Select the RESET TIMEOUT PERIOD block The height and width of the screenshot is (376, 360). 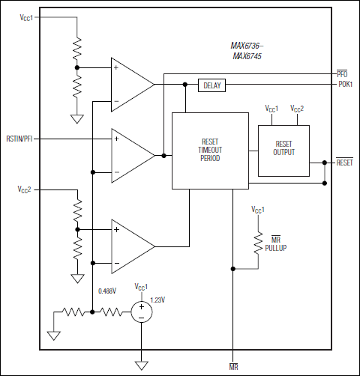(210, 150)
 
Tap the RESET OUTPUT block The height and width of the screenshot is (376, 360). (284, 148)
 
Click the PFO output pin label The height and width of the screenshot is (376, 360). (341, 73)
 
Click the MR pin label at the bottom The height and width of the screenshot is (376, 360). (233, 368)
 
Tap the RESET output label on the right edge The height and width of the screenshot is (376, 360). (344, 162)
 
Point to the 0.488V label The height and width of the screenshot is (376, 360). (108, 291)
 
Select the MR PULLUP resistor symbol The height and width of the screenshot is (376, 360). (257, 243)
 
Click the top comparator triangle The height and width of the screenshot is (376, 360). (129, 84)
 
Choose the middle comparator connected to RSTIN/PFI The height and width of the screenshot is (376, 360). (129, 155)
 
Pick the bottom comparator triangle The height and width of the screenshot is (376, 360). (129, 246)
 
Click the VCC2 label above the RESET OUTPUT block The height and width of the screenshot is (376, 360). (298, 108)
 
